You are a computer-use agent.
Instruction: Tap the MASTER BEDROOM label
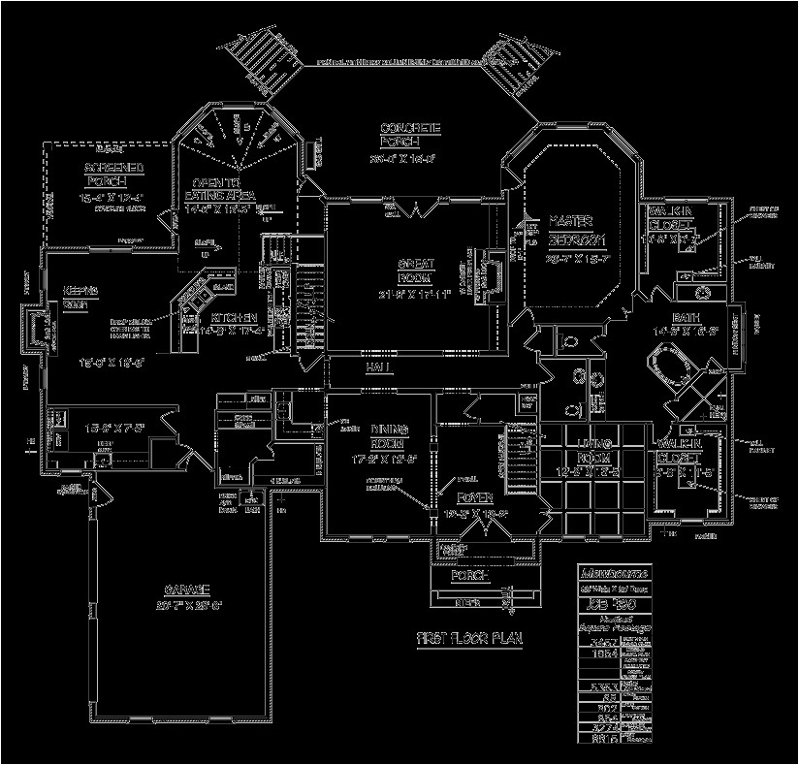click(x=577, y=229)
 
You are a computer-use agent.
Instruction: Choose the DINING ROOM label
click(x=388, y=435)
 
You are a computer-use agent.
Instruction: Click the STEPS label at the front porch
click(x=468, y=603)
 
